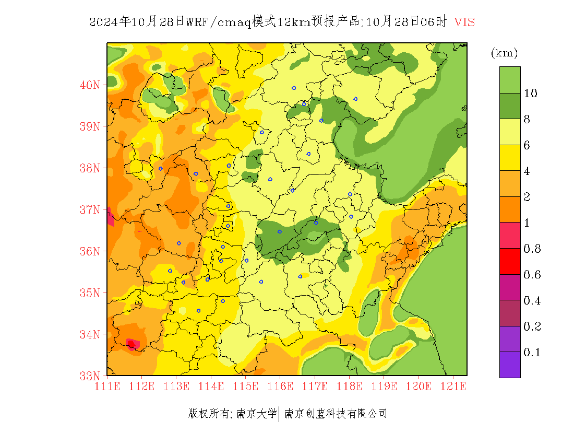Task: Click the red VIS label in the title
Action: pyautogui.click(x=464, y=22)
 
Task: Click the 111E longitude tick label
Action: pyautogui.click(x=107, y=387)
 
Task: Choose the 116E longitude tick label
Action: pyautogui.click(x=280, y=387)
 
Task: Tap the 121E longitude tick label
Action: pyautogui.click(x=453, y=387)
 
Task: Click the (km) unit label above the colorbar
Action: pyautogui.click(x=504, y=53)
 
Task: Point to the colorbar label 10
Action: pyautogui.click(x=531, y=94)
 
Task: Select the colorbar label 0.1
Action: pyautogui.click(x=532, y=353)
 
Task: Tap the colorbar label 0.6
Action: pyautogui.click(x=532, y=275)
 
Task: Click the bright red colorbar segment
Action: pyautogui.click(x=510, y=262)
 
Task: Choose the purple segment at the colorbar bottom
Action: pyautogui.click(x=510, y=365)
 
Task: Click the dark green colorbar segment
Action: pyautogui.click(x=510, y=106)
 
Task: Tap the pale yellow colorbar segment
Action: pyautogui.click(x=510, y=132)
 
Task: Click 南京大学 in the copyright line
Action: pyautogui.click(x=256, y=414)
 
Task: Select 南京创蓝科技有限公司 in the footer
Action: pyautogui.click(x=336, y=414)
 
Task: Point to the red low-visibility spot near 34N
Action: pyautogui.click(x=132, y=344)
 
